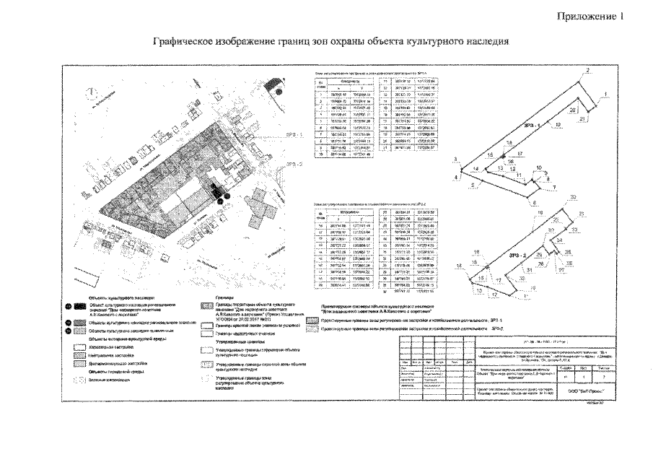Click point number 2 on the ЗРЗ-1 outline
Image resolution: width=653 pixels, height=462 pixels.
pyautogui.click(x=588, y=70)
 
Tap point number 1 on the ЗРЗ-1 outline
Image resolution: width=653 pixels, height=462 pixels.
pyautogui.click(x=607, y=95)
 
